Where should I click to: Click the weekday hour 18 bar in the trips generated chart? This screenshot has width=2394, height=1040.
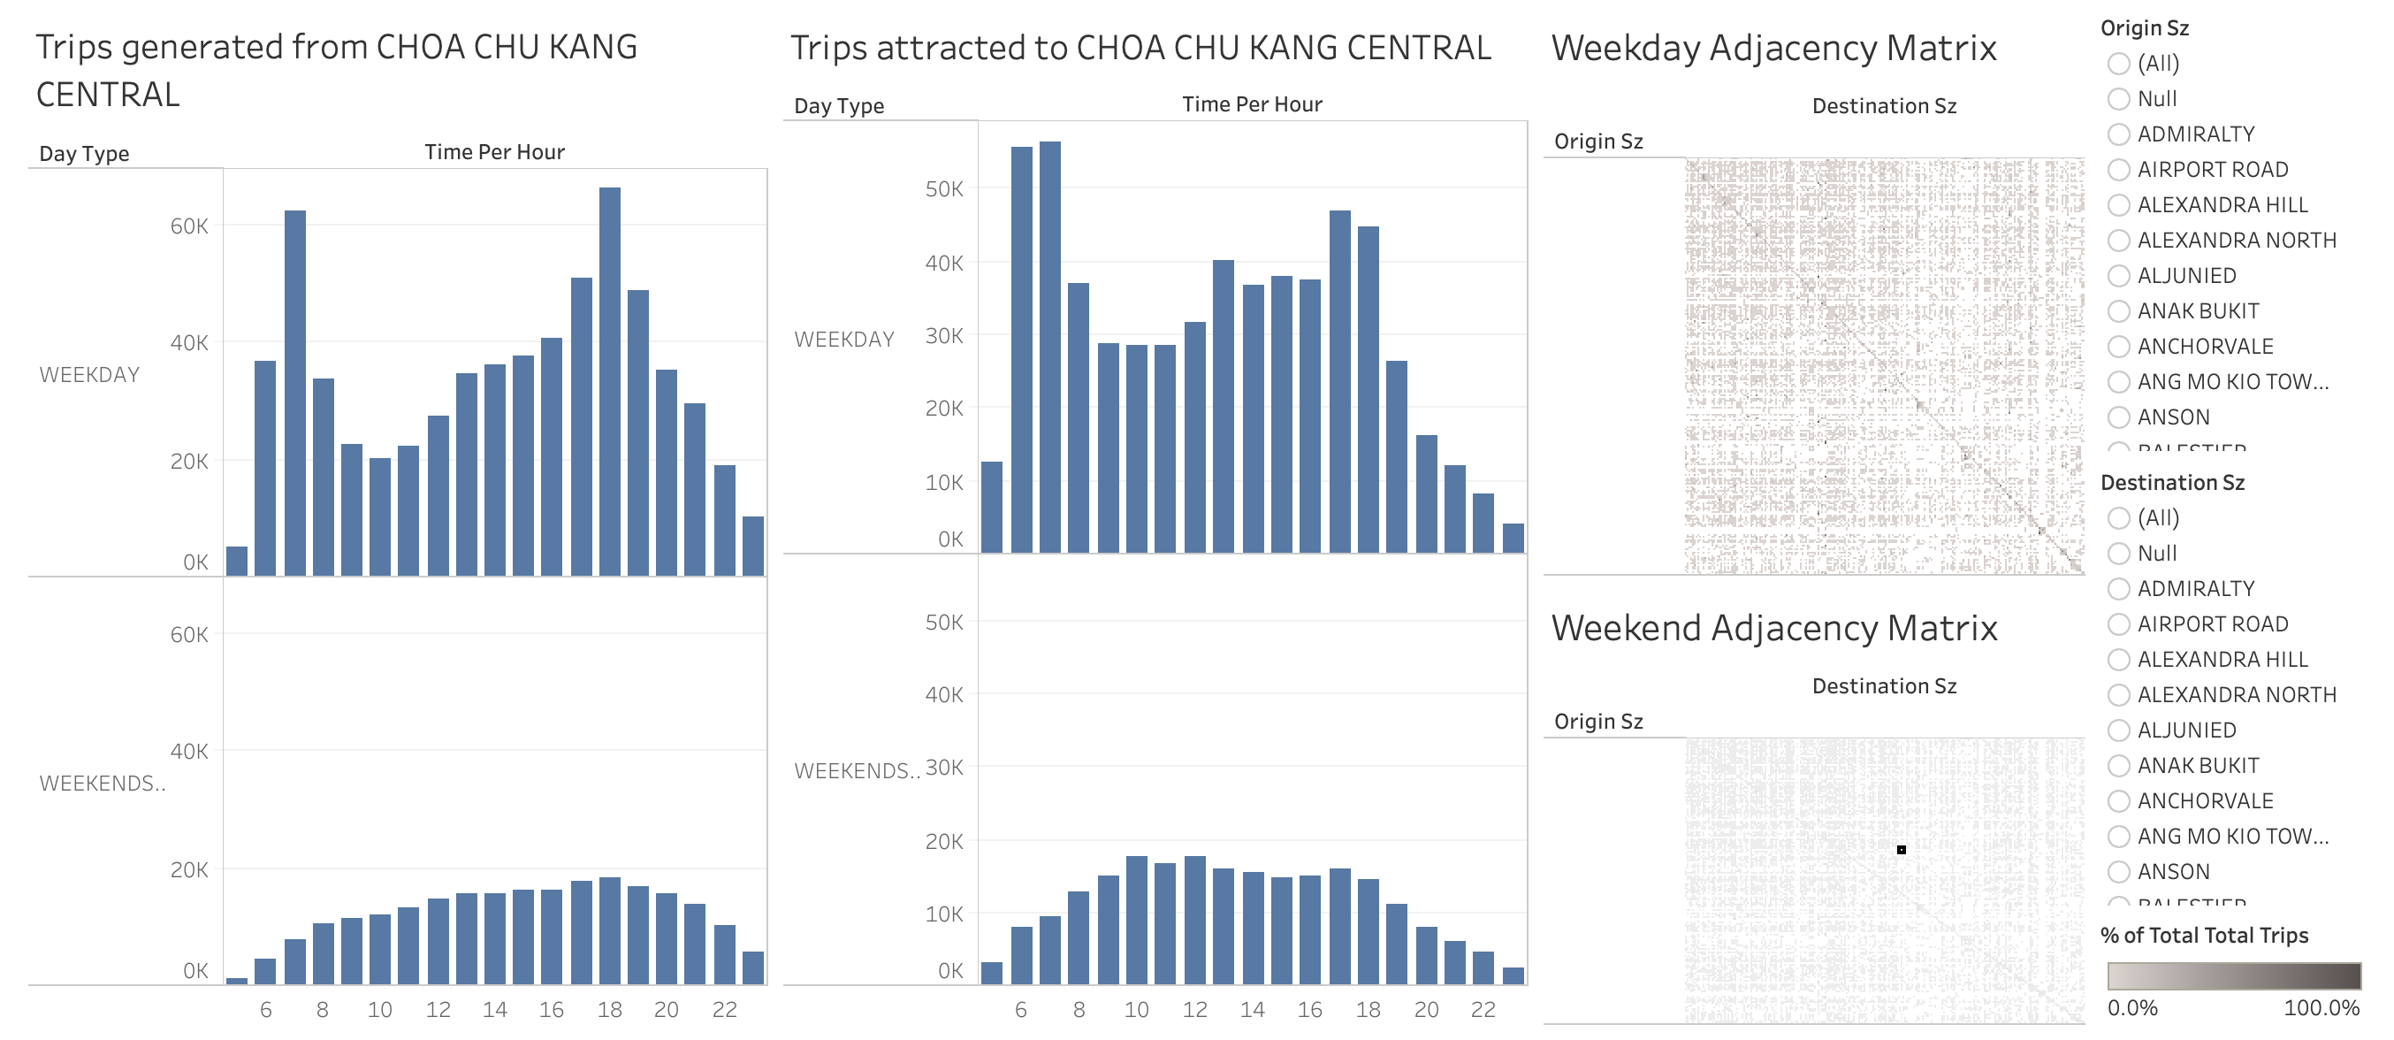point(610,381)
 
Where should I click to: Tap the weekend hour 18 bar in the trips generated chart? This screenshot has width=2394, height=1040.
point(610,930)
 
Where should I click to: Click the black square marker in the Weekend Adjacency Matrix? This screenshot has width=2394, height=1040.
point(1902,850)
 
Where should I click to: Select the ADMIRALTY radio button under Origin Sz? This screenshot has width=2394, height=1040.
point(2119,134)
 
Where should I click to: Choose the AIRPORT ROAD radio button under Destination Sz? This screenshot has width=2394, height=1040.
point(2119,624)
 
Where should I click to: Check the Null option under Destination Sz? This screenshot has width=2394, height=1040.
point(2119,554)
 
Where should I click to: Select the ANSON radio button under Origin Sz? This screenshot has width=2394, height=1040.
point(2119,417)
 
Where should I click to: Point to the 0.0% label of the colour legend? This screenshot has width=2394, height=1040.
point(2132,1008)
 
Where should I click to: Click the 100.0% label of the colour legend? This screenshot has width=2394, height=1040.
point(2321,1008)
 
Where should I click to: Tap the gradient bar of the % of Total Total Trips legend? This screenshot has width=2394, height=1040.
point(2233,975)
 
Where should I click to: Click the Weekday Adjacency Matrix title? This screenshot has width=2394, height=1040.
point(1773,49)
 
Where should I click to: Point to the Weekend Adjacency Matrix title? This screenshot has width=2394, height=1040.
point(1773,628)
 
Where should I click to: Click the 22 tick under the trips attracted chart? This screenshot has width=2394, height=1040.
point(1483,1010)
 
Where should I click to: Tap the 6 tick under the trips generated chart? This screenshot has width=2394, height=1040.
point(266,1010)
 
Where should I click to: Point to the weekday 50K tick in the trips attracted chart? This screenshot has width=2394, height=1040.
point(944,189)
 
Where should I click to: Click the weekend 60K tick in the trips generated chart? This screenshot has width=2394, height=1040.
point(189,635)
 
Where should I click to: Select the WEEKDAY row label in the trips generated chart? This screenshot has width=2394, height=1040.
point(89,375)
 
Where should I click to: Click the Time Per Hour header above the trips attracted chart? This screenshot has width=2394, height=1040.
point(1252,105)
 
